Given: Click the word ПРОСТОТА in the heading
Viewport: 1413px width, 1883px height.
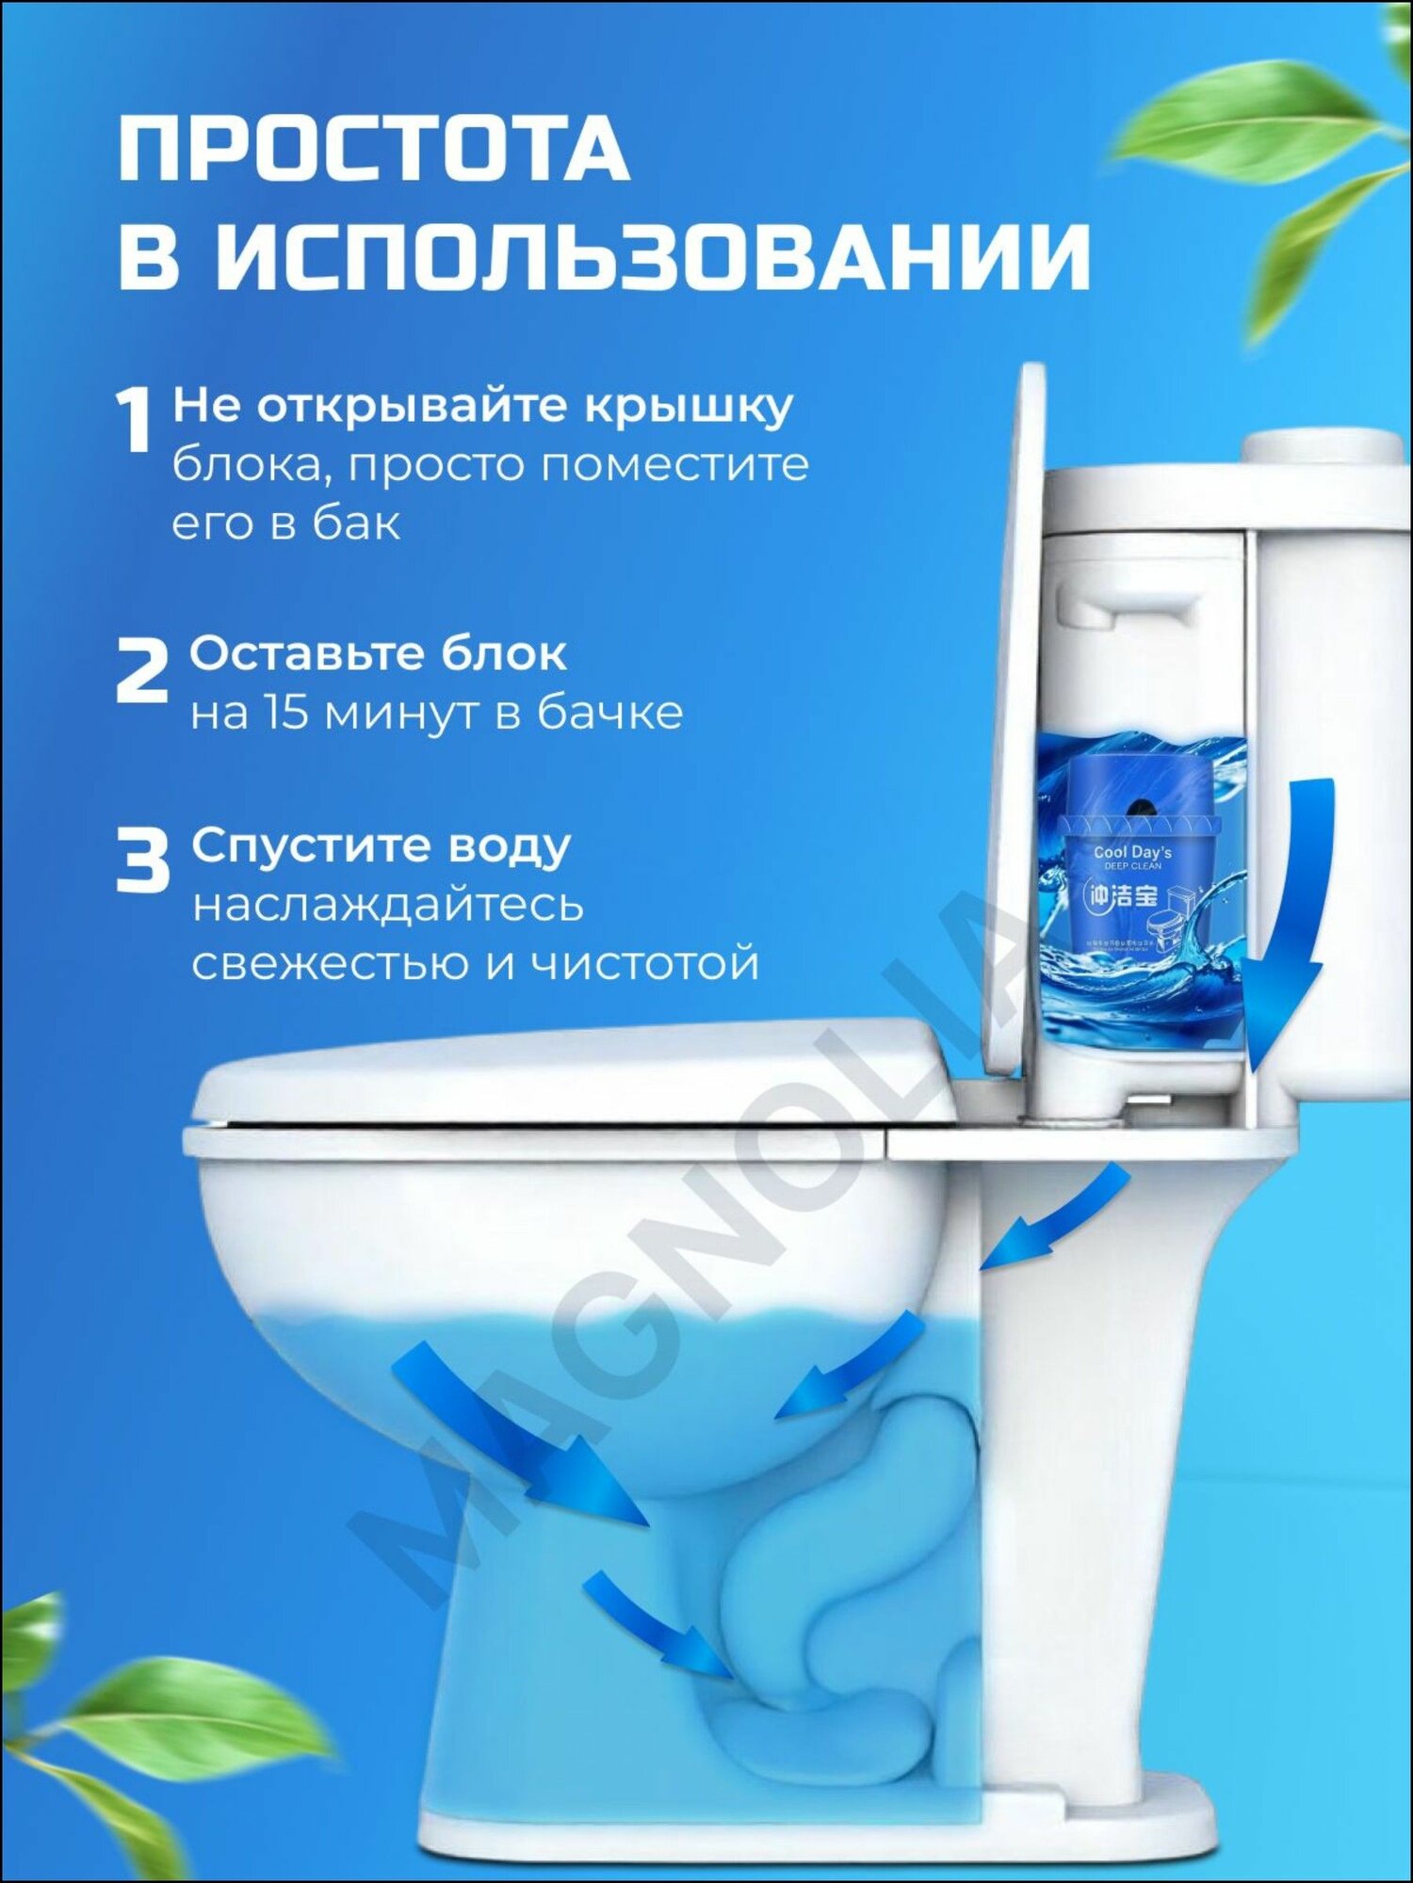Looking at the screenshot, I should click(x=373, y=151).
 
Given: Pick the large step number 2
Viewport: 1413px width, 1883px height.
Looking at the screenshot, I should click(x=141, y=669).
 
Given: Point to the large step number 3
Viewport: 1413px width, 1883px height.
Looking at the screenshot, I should click(x=142, y=860).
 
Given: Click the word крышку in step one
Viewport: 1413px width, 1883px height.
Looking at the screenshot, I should click(x=689, y=408).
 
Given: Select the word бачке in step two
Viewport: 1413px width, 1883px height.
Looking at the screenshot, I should click(x=610, y=713).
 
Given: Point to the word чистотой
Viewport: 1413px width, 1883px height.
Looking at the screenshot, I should click(x=644, y=962).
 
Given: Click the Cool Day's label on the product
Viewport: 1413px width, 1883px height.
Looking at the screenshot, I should click(x=1132, y=852).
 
